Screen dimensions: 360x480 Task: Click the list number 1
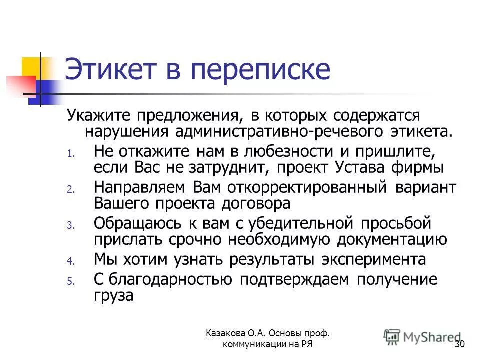(70, 154)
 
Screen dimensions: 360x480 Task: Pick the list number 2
(70, 189)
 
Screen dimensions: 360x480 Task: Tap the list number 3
(70, 225)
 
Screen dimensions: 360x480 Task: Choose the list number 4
(70, 261)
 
